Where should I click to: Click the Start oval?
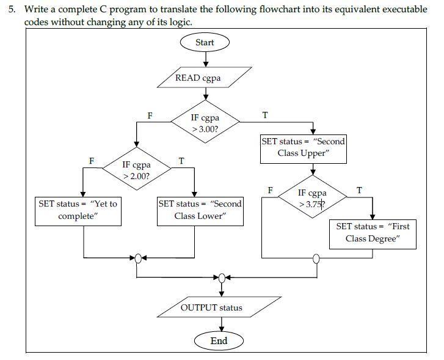tap(205, 42)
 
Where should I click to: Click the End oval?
tap(219, 340)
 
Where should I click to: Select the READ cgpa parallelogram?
tap(204, 78)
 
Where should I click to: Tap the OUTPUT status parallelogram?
tap(211, 307)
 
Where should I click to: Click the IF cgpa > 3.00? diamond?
tap(205, 123)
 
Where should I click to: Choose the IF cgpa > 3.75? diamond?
tap(312, 199)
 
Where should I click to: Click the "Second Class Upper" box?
tap(303, 147)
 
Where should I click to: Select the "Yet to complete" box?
tap(77, 210)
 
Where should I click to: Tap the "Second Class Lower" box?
tap(200, 210)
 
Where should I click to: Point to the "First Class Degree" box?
tap(373, 232)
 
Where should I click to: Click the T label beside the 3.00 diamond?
tap(264, 116)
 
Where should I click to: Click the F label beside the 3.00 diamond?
tap(150, 116)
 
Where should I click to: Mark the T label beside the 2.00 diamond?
tap(181, 161)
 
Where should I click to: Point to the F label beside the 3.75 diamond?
tap(270, 190)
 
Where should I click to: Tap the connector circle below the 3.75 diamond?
tap(316, 258)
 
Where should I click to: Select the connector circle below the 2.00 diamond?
tap(139, 258)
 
